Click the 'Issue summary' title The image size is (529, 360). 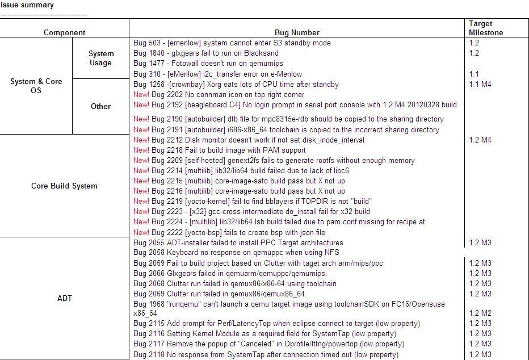27,5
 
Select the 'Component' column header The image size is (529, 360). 64,32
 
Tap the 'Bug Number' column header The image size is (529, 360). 297,32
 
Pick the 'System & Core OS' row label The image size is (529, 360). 36,86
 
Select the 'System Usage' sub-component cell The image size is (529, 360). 101,58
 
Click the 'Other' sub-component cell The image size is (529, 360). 100,106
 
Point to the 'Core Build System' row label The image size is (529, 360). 64,186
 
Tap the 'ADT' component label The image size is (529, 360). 65,298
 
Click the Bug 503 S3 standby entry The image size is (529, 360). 232,43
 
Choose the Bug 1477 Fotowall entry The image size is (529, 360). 208,64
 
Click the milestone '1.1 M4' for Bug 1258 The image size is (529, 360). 480,84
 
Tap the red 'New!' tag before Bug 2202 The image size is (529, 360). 141,95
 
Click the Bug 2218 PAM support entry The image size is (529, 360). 220,150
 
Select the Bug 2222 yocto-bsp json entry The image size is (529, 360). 229,232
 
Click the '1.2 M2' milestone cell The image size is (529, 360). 480,313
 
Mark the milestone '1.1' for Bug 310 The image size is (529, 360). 474,74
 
